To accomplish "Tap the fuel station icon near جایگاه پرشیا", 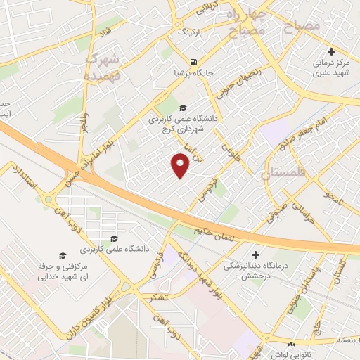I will pyautogui.click(x=193, y=60).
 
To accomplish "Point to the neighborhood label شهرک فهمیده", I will pyautogui.click(x=99, y=66).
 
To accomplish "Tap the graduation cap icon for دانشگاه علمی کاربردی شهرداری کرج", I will pyautogui.click(x=183, y=108).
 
